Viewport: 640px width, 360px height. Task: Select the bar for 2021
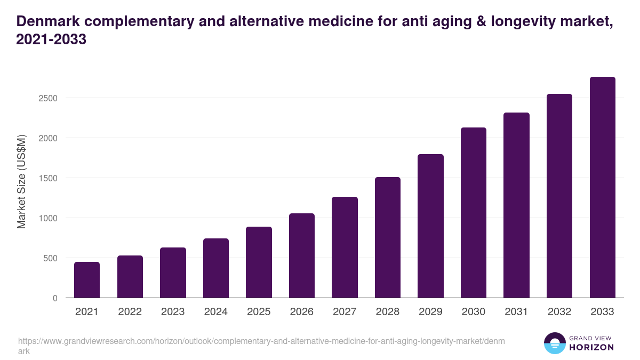(87, 280)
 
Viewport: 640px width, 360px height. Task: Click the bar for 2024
(216, 268)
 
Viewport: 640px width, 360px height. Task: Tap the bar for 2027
(345, 247)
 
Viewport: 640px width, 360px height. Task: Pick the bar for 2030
(474, 213)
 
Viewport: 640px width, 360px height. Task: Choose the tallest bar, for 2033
(602, 188)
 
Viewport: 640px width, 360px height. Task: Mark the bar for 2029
(430, 226)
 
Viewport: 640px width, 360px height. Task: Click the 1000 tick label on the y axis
(47, 218)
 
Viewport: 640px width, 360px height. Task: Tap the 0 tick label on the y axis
(55, 298)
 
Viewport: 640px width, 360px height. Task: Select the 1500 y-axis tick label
(47, 178)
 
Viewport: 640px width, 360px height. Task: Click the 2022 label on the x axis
(130, 312)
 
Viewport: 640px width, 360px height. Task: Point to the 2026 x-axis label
(301, 312)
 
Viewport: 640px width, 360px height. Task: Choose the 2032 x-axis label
(559, 312)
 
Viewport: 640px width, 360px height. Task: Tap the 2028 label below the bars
(387, 312)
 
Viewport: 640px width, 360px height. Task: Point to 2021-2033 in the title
(51, 39)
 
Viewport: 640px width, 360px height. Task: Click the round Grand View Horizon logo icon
(554, 343)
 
